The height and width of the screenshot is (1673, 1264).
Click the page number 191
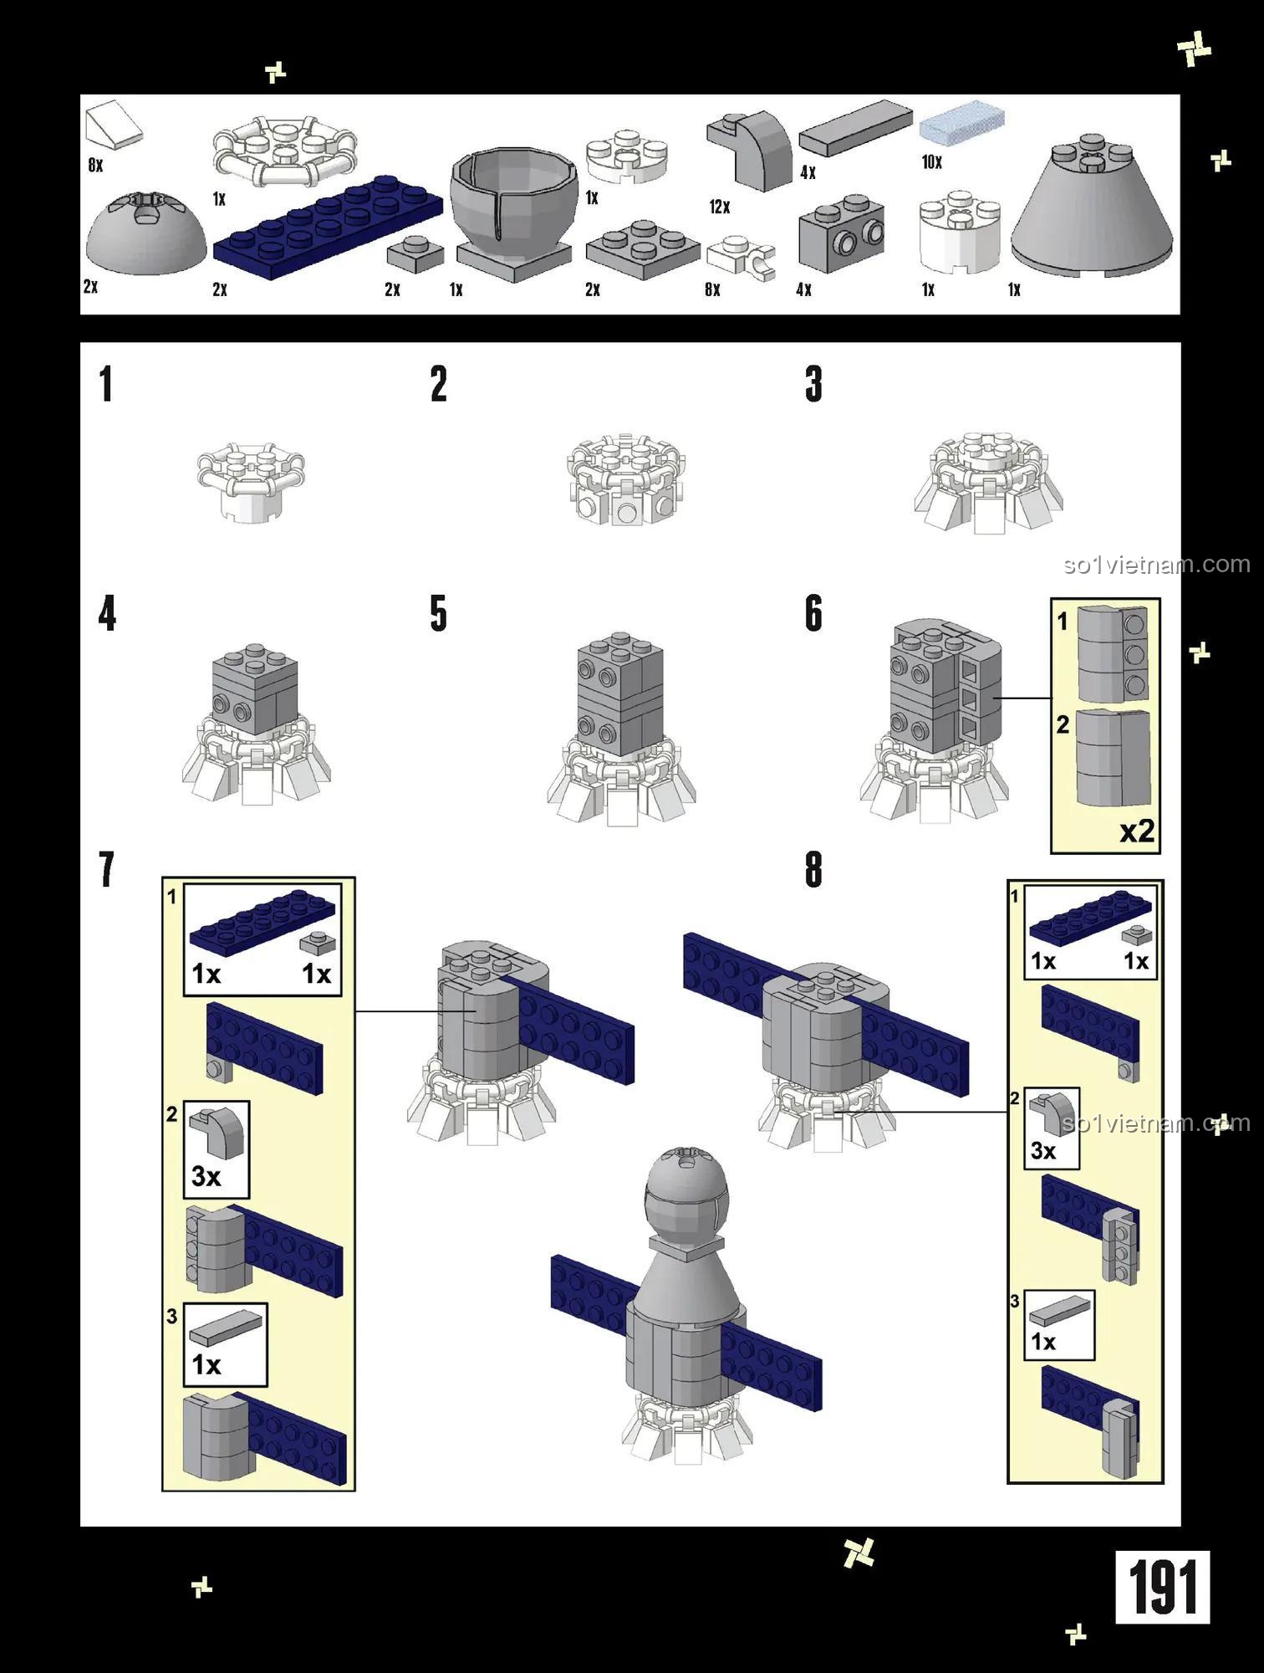[x=1162, y=1587]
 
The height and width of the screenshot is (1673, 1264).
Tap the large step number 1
[x=105, y=385]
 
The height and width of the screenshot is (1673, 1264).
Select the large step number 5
[x=439, y=614]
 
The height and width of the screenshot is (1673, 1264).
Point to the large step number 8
[x=813, y=870]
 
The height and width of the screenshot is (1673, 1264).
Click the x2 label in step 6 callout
[x=1137, y=831]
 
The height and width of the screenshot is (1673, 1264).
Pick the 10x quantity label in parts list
[x=932, y=162]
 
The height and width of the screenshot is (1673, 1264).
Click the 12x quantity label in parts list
[x=720, y=207]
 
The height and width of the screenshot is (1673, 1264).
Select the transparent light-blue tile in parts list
[x=961, y=121]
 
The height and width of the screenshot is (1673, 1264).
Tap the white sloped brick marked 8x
[x=114, y=125]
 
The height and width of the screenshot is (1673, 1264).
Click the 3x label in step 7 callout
[x=206, y=1176]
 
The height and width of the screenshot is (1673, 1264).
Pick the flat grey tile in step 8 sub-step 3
[x=1060, y=1309]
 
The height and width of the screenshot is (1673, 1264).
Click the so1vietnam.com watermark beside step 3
[x=1156, y=565]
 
